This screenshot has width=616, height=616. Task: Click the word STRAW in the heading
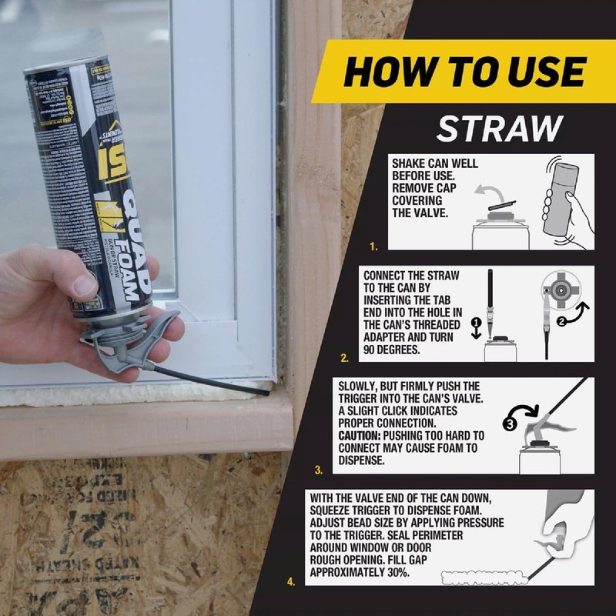[x=500, y=129]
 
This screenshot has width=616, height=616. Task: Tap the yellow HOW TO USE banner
[x=464, y=72]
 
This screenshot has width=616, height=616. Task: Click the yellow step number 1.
[x=373, y=247]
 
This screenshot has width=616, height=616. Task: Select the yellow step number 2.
[x=345, y=358]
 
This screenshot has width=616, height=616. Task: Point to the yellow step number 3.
[x=319, y=469]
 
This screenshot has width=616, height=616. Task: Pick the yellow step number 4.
[x=291, y=582]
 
